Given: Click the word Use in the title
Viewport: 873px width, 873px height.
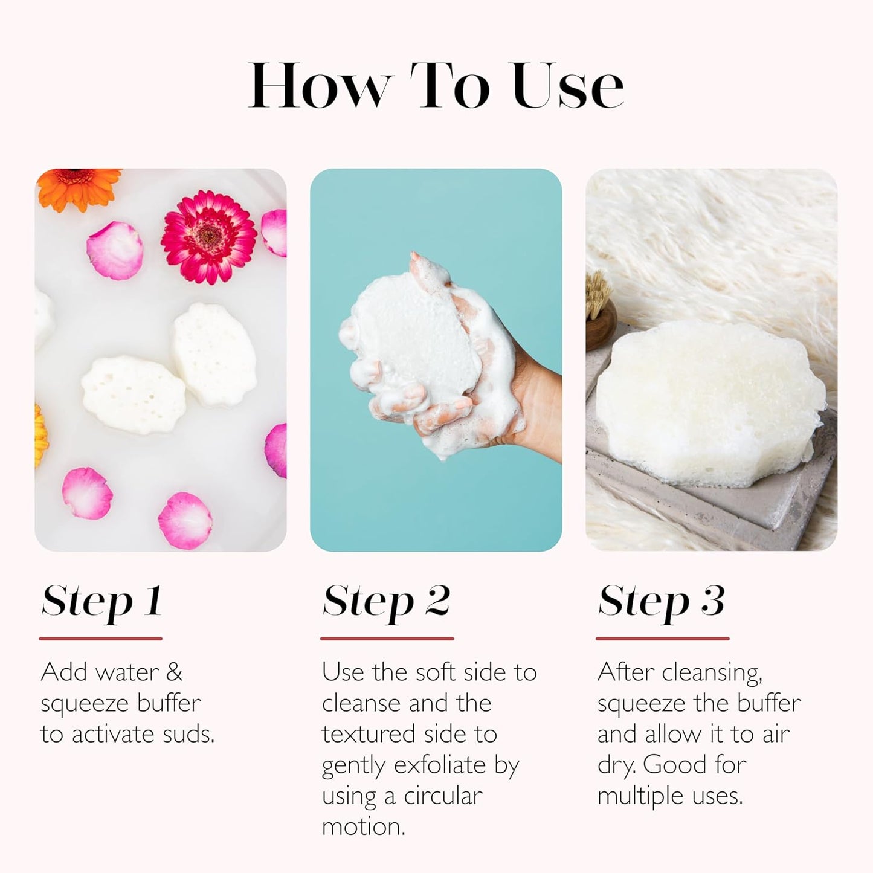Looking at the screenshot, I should coord(567,86).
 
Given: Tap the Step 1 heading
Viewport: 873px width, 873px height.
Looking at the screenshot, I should coord(101,602).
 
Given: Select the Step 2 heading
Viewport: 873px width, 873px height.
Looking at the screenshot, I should coord(387,602).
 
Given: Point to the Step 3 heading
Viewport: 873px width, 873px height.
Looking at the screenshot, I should coord(662,602).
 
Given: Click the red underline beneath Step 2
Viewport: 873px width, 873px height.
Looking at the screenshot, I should coord(387,638).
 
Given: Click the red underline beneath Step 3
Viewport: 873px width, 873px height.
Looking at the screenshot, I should coord(662,638).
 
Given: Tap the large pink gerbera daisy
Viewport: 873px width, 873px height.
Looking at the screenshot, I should coord(208,237).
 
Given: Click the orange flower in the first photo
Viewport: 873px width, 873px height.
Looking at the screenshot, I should coord(79,187).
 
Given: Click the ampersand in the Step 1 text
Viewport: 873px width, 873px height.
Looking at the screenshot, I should coord(173,672).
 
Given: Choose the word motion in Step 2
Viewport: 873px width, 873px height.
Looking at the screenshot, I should coord(362,827).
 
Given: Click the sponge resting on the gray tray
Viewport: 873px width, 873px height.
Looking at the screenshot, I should coord(704,402).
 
